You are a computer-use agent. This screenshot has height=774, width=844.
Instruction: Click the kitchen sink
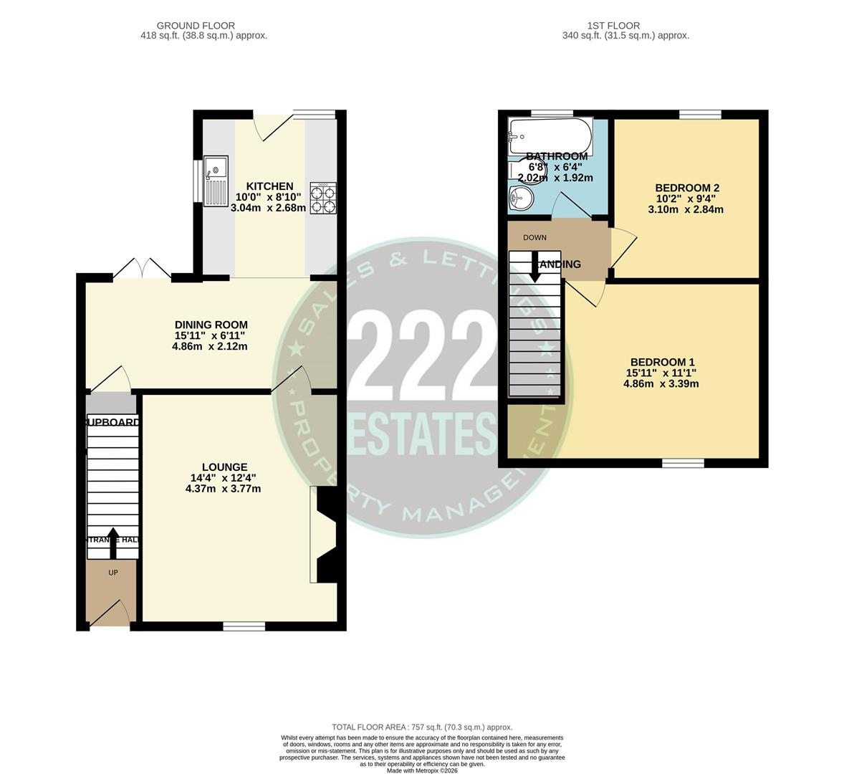(x=215, y=181)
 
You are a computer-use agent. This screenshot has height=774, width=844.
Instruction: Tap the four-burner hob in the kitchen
(x=322, y=199)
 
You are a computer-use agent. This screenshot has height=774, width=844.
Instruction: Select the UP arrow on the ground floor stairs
(x=113, y=544)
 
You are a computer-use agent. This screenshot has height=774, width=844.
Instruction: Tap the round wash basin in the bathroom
(x=519, y=199)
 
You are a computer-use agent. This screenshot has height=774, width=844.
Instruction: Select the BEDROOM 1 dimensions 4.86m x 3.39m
(x=661, y=383)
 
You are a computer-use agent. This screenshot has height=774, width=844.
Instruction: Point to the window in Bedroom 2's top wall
(x=700, y=114)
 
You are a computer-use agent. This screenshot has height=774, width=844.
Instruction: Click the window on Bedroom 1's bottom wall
(x=683, y=464)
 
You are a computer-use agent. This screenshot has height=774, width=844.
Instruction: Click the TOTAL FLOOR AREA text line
(x=422, y=727)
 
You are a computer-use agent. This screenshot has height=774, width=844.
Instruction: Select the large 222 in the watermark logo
(x=421, y=352)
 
